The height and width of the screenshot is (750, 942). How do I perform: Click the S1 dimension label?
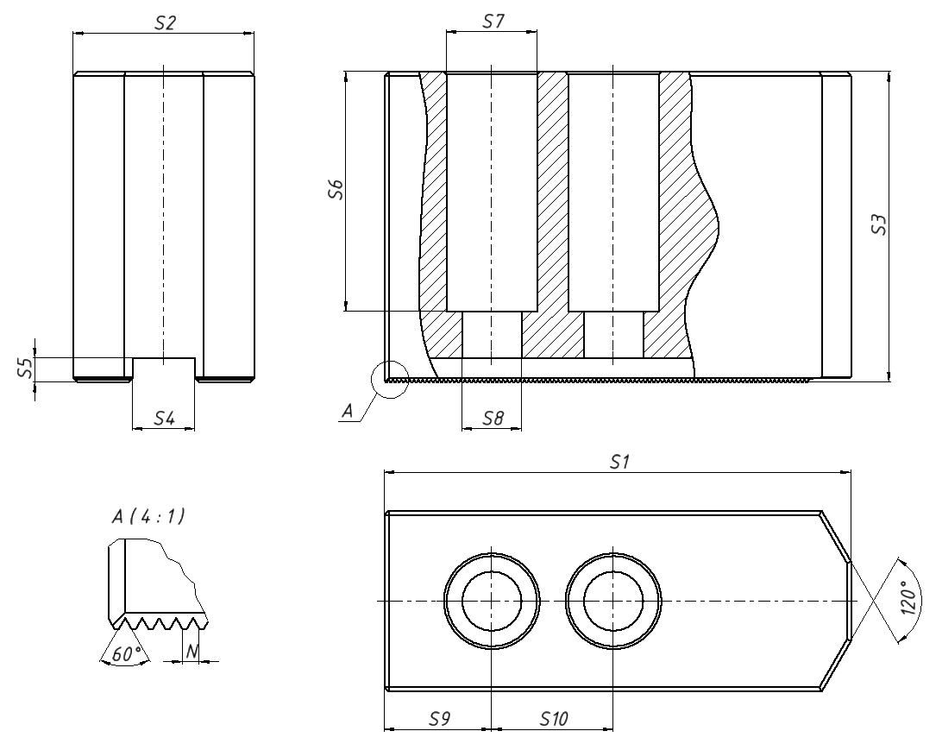[619, 462]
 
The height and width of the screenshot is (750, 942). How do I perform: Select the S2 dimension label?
[166, 22]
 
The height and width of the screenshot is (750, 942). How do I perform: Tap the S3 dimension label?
[879, 224]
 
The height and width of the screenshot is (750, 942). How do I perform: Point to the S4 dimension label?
[164, 418]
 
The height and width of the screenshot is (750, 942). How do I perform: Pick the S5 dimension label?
[24, 367]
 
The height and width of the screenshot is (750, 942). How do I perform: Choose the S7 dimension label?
[493, 22]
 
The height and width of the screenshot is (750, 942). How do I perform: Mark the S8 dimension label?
[493, 418]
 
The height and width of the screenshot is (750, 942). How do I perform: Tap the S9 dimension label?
[439, 718]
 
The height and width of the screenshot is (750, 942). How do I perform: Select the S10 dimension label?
[553, 718]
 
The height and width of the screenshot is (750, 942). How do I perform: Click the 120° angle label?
[911, 598]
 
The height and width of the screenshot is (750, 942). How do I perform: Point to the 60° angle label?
[127, 654]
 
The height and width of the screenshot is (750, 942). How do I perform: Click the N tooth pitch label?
[192, 651]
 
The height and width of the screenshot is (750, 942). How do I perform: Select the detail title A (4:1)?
[148, 516]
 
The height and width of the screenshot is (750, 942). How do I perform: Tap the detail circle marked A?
[390, 379]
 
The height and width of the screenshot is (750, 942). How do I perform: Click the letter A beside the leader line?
[348, 411]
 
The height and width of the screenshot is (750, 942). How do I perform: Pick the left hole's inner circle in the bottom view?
[492, 601]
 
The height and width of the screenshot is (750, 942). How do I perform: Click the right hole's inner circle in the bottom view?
[613, 601]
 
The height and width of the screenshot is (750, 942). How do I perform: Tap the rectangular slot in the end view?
[164, 369]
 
